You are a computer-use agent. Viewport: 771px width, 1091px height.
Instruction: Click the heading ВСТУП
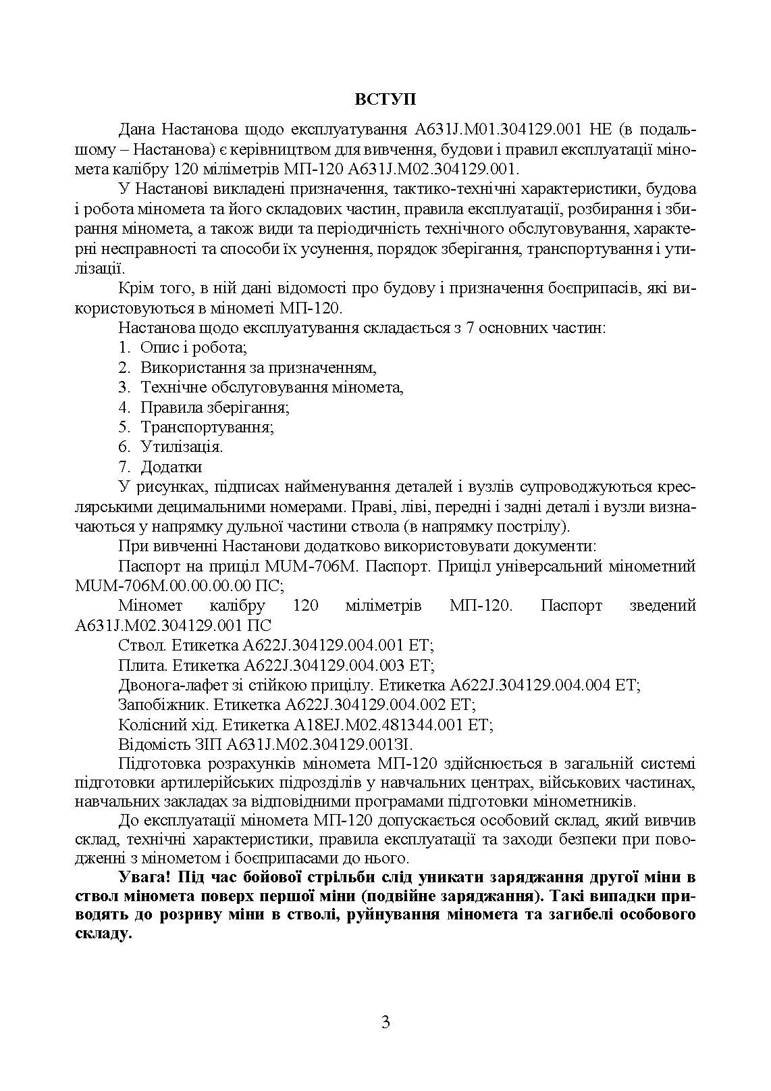385,99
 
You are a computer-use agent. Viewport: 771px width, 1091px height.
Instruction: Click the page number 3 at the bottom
385,1021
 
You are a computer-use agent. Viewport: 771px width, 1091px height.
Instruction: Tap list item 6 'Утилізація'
182,447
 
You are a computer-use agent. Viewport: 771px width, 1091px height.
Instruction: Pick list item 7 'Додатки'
171,467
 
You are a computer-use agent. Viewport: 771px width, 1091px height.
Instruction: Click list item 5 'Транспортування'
207,427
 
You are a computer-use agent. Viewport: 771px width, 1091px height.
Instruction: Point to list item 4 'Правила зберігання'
215,407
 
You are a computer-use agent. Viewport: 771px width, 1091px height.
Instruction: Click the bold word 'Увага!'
143,878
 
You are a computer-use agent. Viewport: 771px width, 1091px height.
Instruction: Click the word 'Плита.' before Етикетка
142,665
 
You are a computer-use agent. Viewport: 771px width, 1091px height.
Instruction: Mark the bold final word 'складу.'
102,935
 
